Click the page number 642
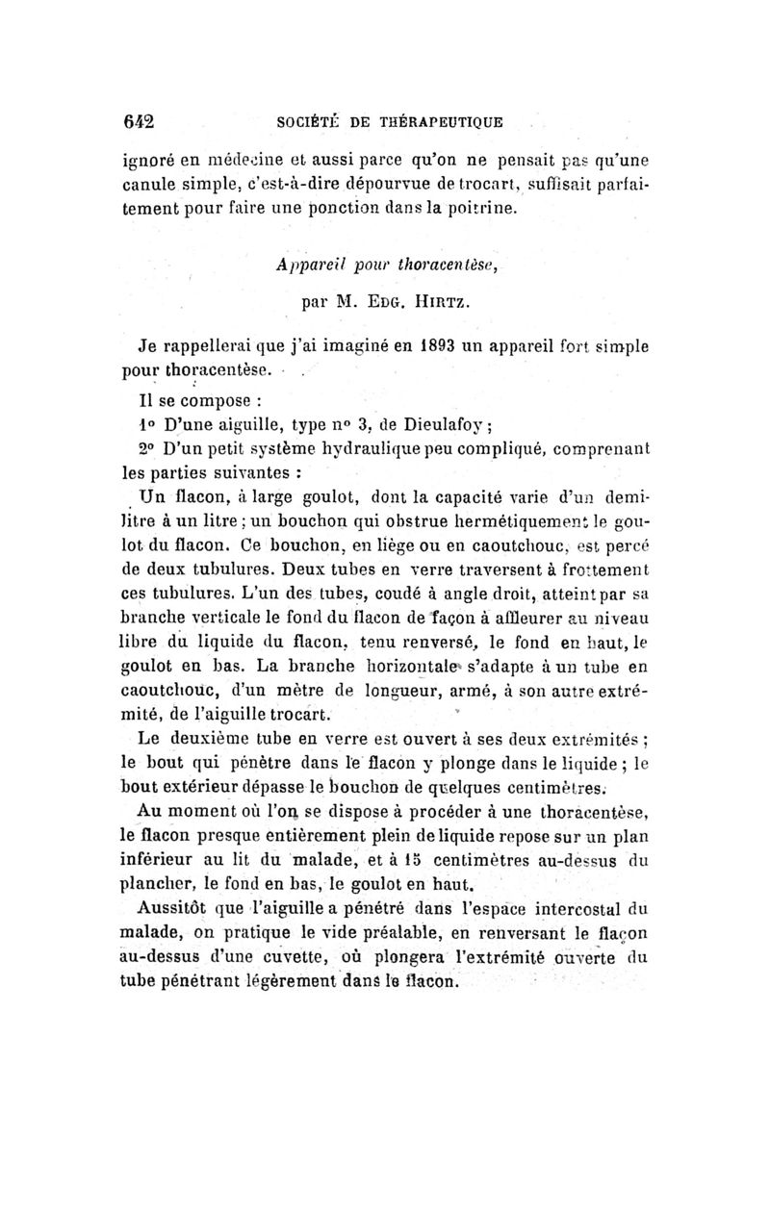click(x=141, y=122)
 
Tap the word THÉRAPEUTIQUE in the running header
click(x=445, y=123)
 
